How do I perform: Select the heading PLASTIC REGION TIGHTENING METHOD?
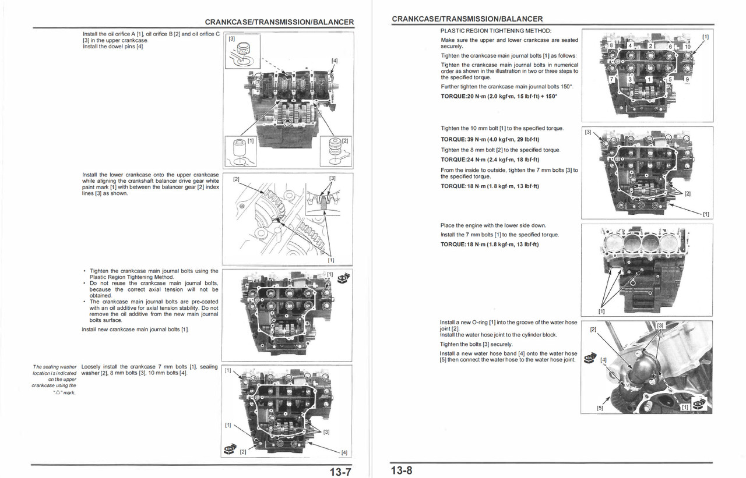(496, 30)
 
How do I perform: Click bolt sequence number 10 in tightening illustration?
(687, 47)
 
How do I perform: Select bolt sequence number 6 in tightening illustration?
(670, 47)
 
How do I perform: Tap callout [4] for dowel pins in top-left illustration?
(334, 61)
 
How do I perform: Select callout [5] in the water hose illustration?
(600, 408)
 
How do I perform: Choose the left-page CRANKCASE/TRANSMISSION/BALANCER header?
(279, 22)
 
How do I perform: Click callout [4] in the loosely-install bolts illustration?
(344, 452)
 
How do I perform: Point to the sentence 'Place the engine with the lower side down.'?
(493, 225)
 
